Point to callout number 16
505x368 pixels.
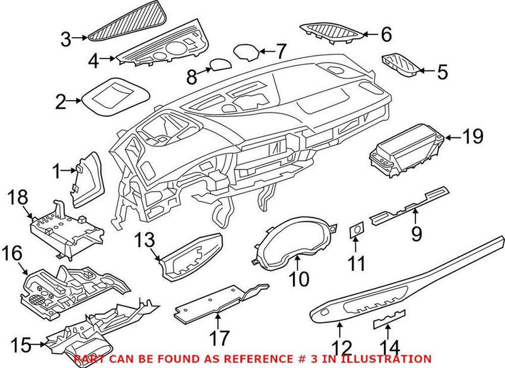[x=14, y=254]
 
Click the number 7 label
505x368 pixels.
[x=281, y=49]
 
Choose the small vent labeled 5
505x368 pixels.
[x=401, y=64]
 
